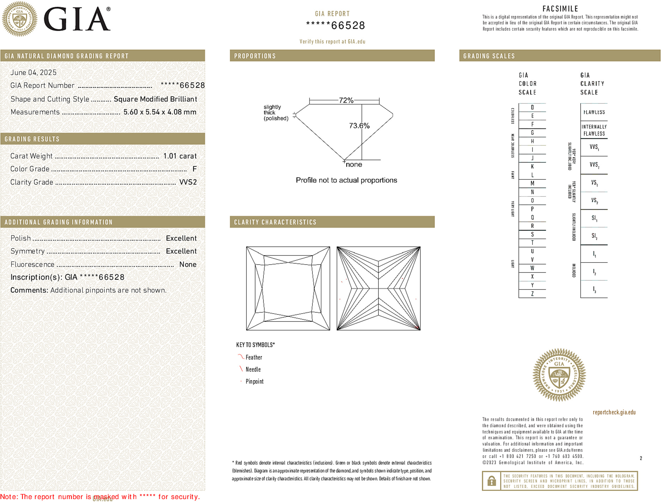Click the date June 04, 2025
click(x=33, y=73)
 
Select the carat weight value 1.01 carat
click(x=180, y=156)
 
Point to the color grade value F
click(x=194, y=169)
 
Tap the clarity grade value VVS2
click(x=188, y=182)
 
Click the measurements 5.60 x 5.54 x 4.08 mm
click(x=160, y=112)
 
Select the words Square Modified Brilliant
click(x=155, y=99)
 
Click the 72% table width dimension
click(x=345, y=101)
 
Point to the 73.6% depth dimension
click(x=359, y=126)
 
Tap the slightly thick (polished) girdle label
click(x=276, y=113)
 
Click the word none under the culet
click(x=354, y=165)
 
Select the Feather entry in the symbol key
click(x=254, y=357)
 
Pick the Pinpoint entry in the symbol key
click(x=254, y=381)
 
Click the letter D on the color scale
click(x=532, y=107)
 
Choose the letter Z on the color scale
click(x=532, y=294)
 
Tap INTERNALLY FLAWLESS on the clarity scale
click(x=594, y=130)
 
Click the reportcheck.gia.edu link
click(x=614, y=412)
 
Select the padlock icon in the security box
click(x=491, y=481)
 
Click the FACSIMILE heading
click(x=560, y=9)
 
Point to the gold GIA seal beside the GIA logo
click(x=19, y=19)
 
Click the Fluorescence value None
click(x=188, y=264)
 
